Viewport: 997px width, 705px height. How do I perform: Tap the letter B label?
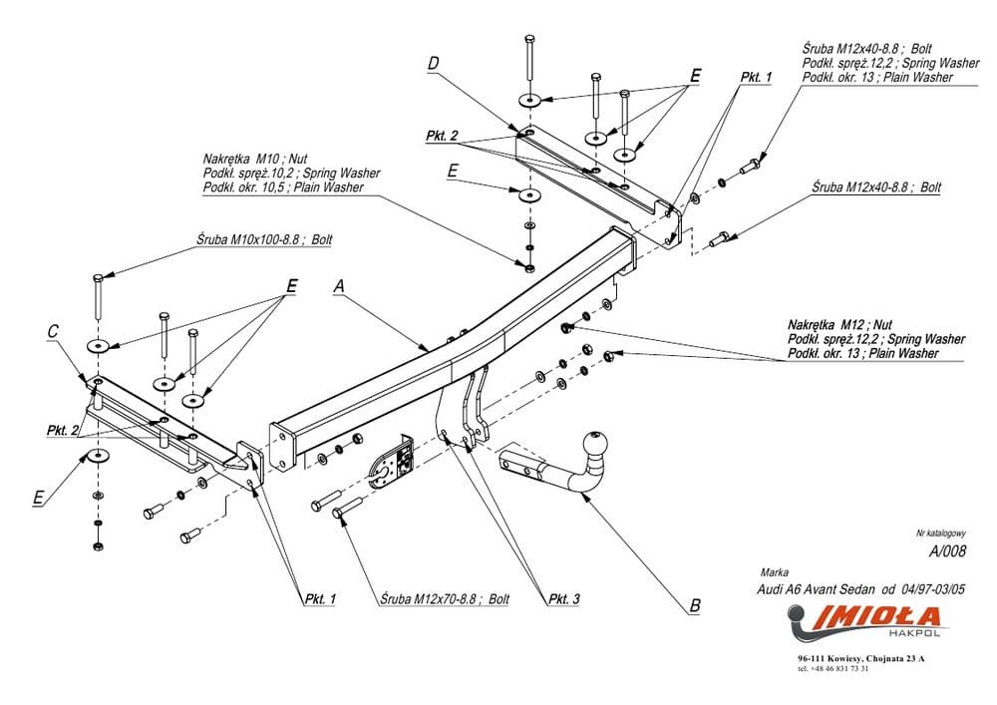pyautogui.click(x=694, y=605)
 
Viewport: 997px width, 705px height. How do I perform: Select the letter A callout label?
pyautogui.click(x=338, y=286)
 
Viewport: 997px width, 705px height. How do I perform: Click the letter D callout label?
pyautogui.click(x=434, y=64)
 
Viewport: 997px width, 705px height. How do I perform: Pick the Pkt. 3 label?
pyautogui.click(x=563, y=598)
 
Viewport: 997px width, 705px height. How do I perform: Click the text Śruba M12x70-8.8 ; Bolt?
pyautogui.click(x=445, y=599)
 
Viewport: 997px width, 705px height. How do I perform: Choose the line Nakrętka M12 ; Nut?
pyautogui.click(x=828, y=325)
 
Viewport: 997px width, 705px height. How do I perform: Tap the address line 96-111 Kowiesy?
pyautogui.click(x=860, y=659)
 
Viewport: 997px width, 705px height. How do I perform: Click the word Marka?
pyautogui.click(x=774, y=572)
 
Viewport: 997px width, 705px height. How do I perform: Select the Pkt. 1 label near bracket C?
pyautogui.click(x=320, y=598)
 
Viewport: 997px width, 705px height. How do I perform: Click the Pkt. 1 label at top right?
pyautogui.click(x=756, y=77)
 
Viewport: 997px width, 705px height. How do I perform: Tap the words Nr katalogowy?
pyautogui.click(x=940, y=534)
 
